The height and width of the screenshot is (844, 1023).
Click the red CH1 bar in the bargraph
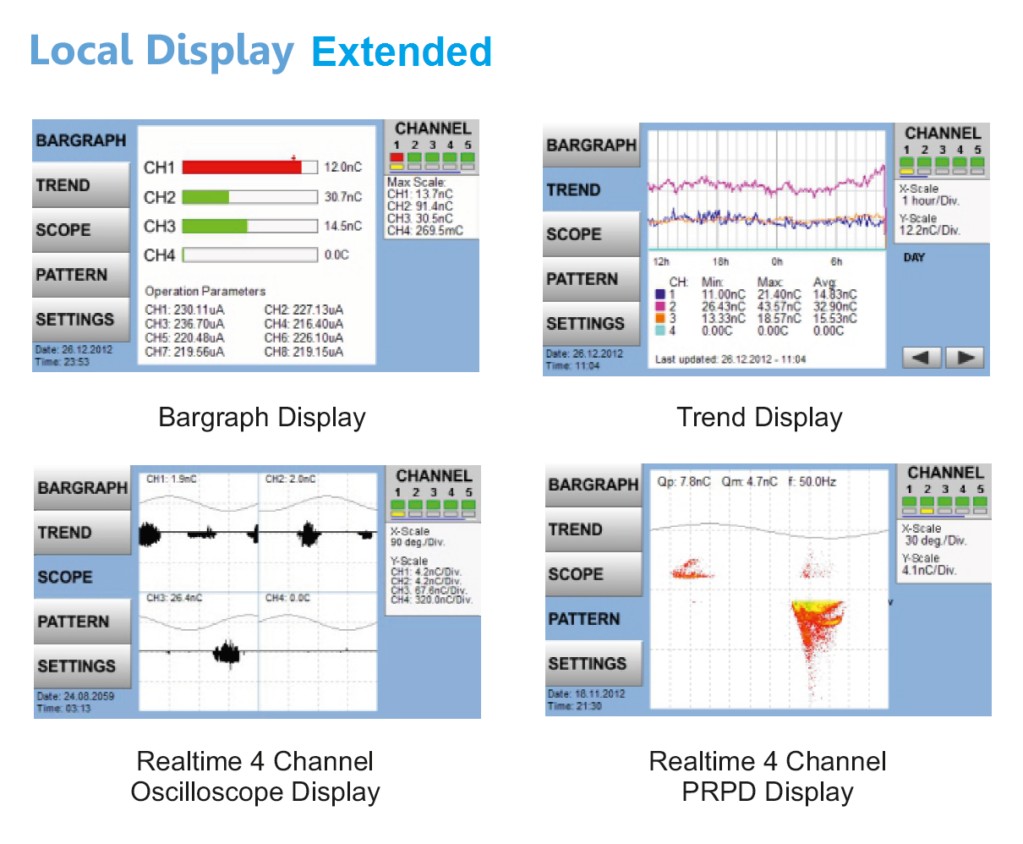pos(242,167)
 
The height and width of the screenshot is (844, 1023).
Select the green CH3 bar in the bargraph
pos(215,226)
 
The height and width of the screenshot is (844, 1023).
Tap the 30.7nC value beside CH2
pos(343,197)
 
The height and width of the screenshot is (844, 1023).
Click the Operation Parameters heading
pos(205,291)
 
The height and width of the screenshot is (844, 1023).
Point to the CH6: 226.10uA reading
pos(304,337)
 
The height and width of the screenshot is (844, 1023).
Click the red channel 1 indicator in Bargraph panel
pos(397,158)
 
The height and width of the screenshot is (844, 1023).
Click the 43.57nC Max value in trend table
pos(779,306)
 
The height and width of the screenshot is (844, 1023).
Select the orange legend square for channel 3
pos(659,319)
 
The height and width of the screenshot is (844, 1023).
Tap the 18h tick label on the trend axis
pos(720,262)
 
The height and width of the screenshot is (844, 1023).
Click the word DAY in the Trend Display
pos(914,258)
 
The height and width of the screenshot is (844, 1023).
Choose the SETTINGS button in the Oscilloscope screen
pos(77,666)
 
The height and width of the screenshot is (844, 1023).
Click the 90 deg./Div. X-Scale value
pos(418,542)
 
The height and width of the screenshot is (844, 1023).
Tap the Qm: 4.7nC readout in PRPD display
pos(749,481)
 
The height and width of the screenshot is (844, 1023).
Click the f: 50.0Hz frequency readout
pos(812,481)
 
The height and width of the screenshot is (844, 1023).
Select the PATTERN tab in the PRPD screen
pos(584,619)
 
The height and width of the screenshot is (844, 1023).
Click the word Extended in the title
pos(402,52)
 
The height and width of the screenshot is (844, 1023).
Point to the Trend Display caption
pos(759,417)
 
